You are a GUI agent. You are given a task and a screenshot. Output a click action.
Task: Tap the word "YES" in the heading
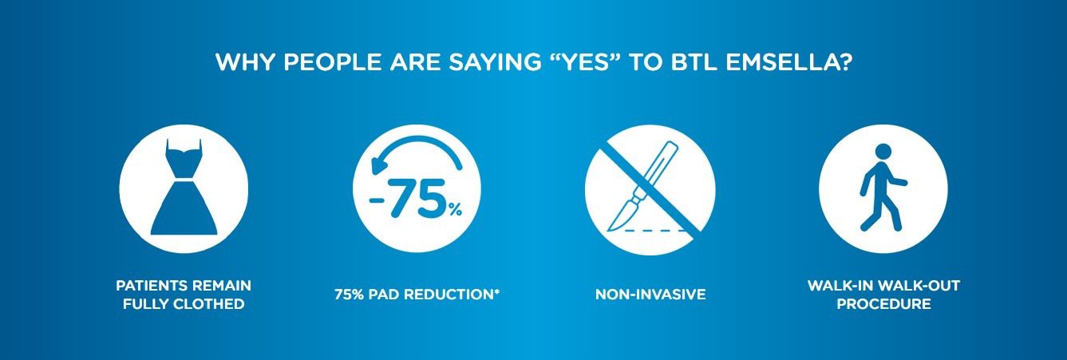pos(584,62)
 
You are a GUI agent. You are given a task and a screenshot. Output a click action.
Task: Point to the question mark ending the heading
pos(845,62)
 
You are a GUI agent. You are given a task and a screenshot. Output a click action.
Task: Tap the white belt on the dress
pos(184,180)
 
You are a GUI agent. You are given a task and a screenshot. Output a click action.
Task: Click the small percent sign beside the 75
pos(456,209)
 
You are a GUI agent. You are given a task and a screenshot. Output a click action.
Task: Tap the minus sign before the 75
pos(377,200)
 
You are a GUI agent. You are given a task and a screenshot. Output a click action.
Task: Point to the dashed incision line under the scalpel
pos(656,231)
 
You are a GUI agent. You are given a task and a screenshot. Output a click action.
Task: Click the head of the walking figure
pos(883,152)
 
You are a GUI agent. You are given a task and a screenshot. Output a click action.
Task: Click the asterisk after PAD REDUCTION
pos(497,291)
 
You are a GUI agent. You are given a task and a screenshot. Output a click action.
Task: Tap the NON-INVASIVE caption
pos(650,295)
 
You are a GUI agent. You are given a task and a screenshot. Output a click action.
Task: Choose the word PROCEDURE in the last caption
pos(883,304)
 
